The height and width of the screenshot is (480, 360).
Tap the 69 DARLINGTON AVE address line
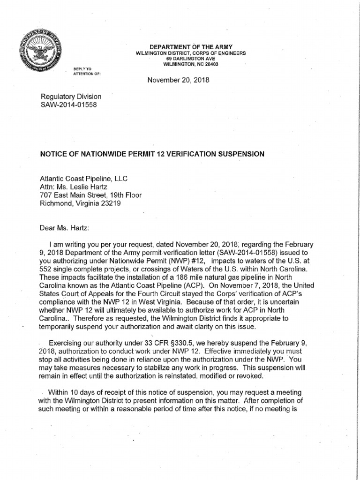pos(190,59)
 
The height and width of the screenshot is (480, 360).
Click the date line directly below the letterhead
pos(178,80)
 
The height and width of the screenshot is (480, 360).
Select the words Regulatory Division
pos(71,97)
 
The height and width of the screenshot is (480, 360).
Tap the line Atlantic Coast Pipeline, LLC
pos(84,179)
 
